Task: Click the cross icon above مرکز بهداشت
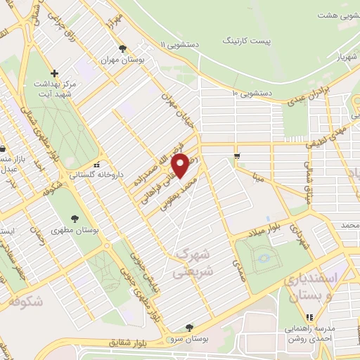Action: pos(54,72)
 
